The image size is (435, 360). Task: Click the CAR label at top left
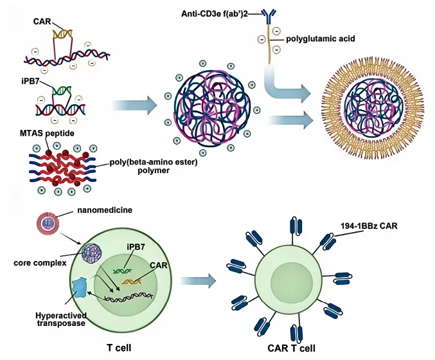coord(42,21)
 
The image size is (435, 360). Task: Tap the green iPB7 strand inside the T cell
coord(125,271)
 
